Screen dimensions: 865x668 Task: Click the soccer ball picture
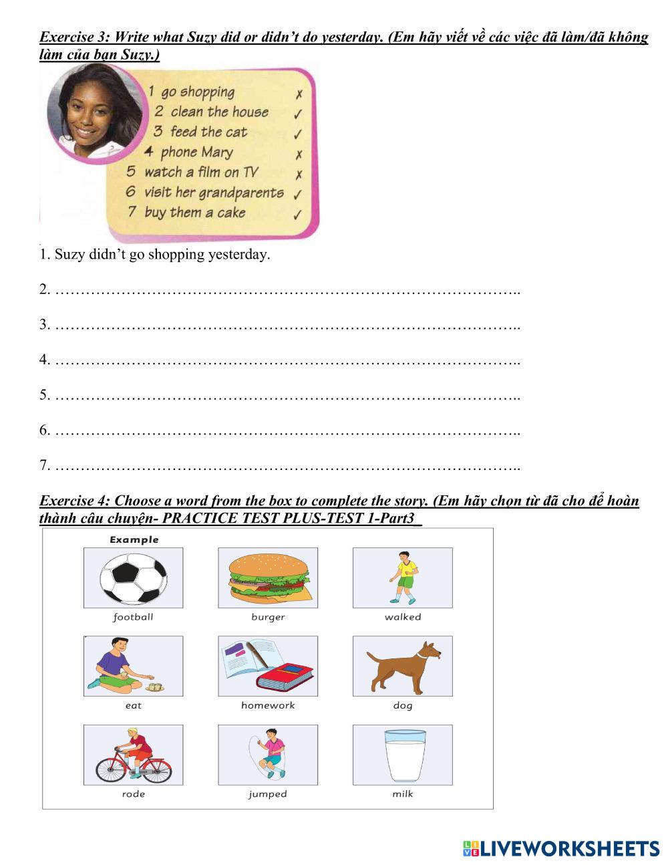(133, 578)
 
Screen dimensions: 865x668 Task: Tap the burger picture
(268, 578)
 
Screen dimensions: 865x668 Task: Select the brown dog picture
(403, 666)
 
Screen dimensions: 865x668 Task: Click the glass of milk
(403, 755)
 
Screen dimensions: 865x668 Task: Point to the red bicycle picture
(133, 755)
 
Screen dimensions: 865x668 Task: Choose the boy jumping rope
(268, 755)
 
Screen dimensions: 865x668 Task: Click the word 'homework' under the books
(268, 705)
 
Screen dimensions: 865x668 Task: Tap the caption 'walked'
(403, 617)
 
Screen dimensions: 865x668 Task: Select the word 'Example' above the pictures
(134, 539)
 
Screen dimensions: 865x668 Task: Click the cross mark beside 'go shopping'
(299, 95)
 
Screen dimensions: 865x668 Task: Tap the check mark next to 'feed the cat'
(299, 134)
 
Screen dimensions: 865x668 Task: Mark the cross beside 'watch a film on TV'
(299, 174)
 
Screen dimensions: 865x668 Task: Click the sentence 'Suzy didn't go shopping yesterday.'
(155, 255)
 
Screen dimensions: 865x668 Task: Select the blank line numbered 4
(287, 360)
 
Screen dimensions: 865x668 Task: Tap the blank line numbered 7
(287, 465)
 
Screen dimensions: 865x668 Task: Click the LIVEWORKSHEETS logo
(560, 849)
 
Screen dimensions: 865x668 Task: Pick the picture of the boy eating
(133, 666)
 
